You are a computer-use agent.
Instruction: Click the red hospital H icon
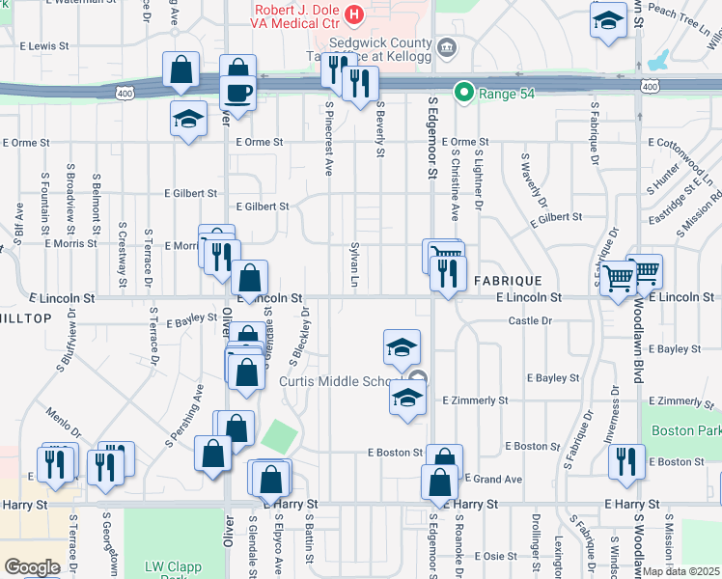click(354, 14)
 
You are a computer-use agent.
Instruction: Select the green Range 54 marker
click(464, 93)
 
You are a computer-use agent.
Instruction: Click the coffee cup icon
click(237, 93)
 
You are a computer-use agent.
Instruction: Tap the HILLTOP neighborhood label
click(26, 318)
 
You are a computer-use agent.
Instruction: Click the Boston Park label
click(686, 430)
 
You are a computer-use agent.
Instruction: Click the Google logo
click(32, 566)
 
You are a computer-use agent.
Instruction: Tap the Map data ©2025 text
click(681, 571)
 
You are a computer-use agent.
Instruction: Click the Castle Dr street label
click(529, 319)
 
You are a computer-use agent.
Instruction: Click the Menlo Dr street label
click(66, 421)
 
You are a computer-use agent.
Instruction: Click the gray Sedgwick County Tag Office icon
click(447, 46)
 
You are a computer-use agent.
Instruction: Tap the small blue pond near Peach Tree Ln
click(658, 61)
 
